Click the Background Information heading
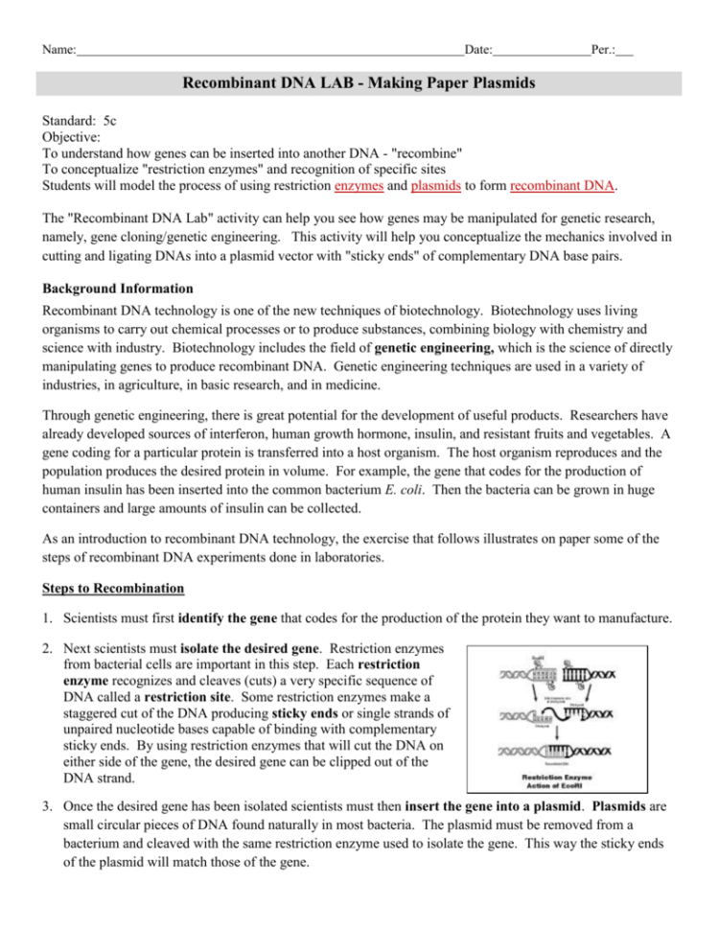coord(118,288)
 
